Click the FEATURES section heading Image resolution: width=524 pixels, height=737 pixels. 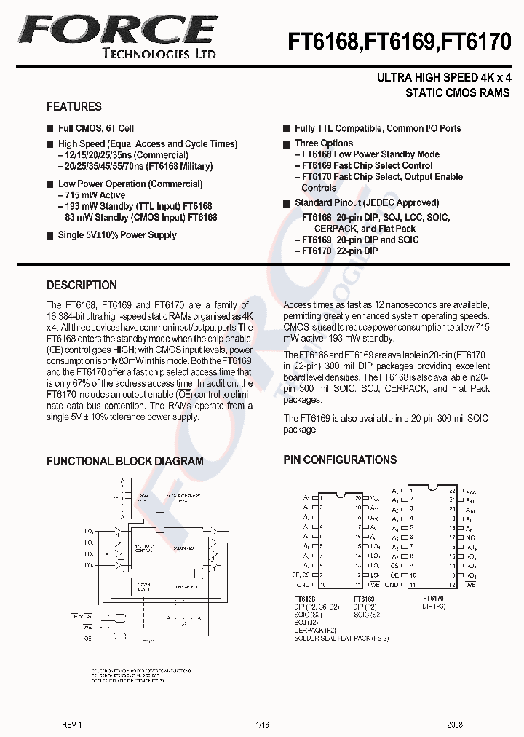pos(74,106)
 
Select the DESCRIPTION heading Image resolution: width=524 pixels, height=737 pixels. pos(82,285)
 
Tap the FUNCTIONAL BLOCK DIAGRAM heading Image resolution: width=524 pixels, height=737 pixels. pos(124,461)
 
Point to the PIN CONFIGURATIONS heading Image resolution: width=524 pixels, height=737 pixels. pos(340,460)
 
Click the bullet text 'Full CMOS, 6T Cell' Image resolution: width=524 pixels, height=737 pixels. pos(96,128)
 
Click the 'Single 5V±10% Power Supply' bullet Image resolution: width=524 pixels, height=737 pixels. pos(117,235)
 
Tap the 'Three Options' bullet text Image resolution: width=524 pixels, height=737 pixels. pos(323,143)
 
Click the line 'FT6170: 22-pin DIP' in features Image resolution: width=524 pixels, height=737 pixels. pos(336,251)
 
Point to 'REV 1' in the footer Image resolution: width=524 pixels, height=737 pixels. pos(72,725)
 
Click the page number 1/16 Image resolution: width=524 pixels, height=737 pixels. pos(262,725)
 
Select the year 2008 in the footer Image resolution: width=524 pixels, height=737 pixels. pos(455,725)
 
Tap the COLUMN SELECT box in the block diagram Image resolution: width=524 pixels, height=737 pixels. pos(183,586)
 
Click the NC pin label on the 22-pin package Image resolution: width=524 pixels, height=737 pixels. pos(471,537)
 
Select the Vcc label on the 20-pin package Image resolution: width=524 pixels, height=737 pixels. pos(374,498)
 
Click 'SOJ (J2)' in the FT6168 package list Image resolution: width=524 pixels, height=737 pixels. pos(306,622)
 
